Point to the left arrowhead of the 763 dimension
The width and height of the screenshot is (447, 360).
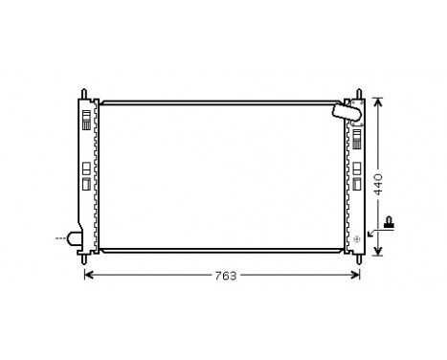(x=89, y=275)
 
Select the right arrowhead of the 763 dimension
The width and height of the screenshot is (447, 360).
(x=357, y=275)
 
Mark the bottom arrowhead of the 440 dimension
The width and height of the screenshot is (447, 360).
(x=378, y=253)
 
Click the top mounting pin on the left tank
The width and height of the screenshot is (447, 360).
(x=86, y=93)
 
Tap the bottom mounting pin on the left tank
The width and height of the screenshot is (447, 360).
(x=86, y=256)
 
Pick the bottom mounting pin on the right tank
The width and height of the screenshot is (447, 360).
(x=359, y=256)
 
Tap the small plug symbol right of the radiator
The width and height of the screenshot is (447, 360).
(x=390, y=226)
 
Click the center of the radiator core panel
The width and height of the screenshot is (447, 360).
(x=222, y=175)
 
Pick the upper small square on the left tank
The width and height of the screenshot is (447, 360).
(x=86, y=168)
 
